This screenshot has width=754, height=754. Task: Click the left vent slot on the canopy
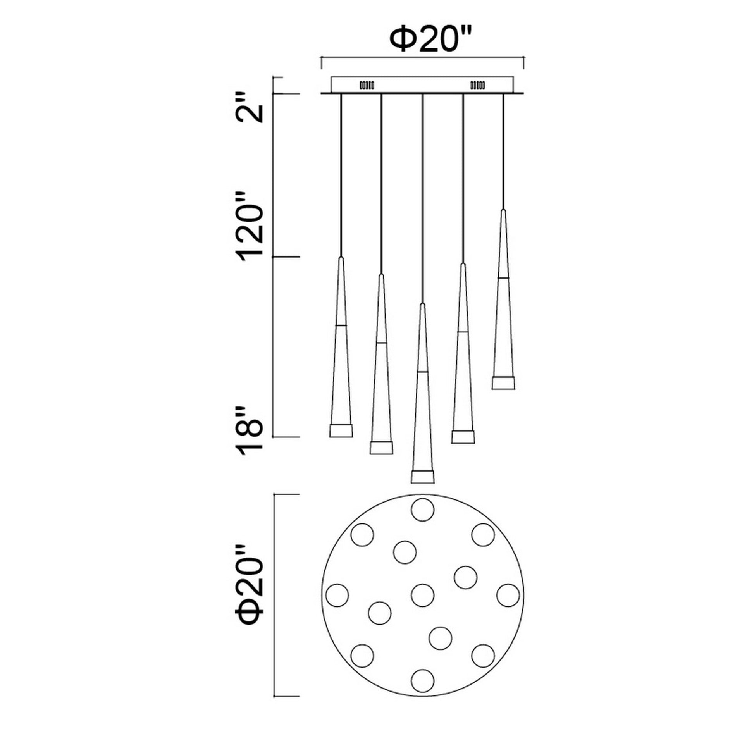367,85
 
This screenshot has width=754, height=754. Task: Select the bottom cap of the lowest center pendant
422,477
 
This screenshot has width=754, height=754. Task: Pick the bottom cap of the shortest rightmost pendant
503,383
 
